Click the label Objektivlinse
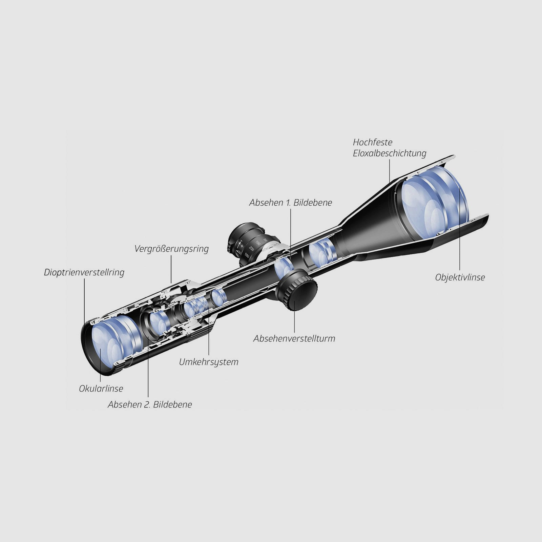(460, 277)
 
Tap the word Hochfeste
(372, 142)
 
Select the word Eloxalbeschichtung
(389, 153)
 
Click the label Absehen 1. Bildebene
(290, 203)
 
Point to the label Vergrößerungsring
(171, 249)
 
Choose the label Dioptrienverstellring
(84, 272)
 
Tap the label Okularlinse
(101, 389)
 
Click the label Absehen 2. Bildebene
(150, 404)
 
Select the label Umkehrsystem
(209, 362)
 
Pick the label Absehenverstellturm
(294, 338)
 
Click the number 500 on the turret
(246, 255)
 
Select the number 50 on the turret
(265, 239)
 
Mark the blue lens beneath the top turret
(283, 266)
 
